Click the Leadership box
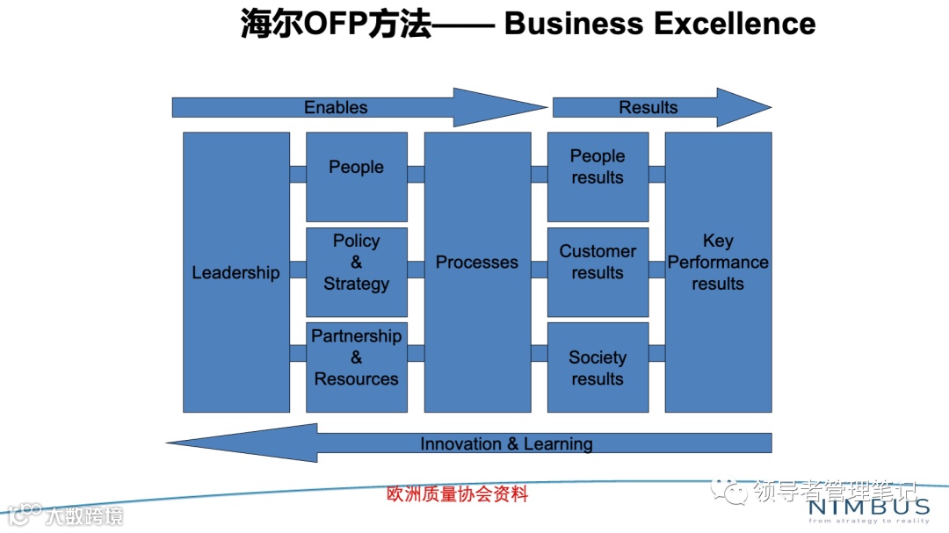coord(235,272)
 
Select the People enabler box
coord(356,176)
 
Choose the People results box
coord(598,176)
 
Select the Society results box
coord(598,367)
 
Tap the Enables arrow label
coord(336,107)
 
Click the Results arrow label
coord(648,107)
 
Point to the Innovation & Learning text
coord(506,443)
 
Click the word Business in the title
coord(574,24)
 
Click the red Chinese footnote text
coord(458,493)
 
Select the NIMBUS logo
coord(868,508)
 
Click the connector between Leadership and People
coord(298,174)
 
